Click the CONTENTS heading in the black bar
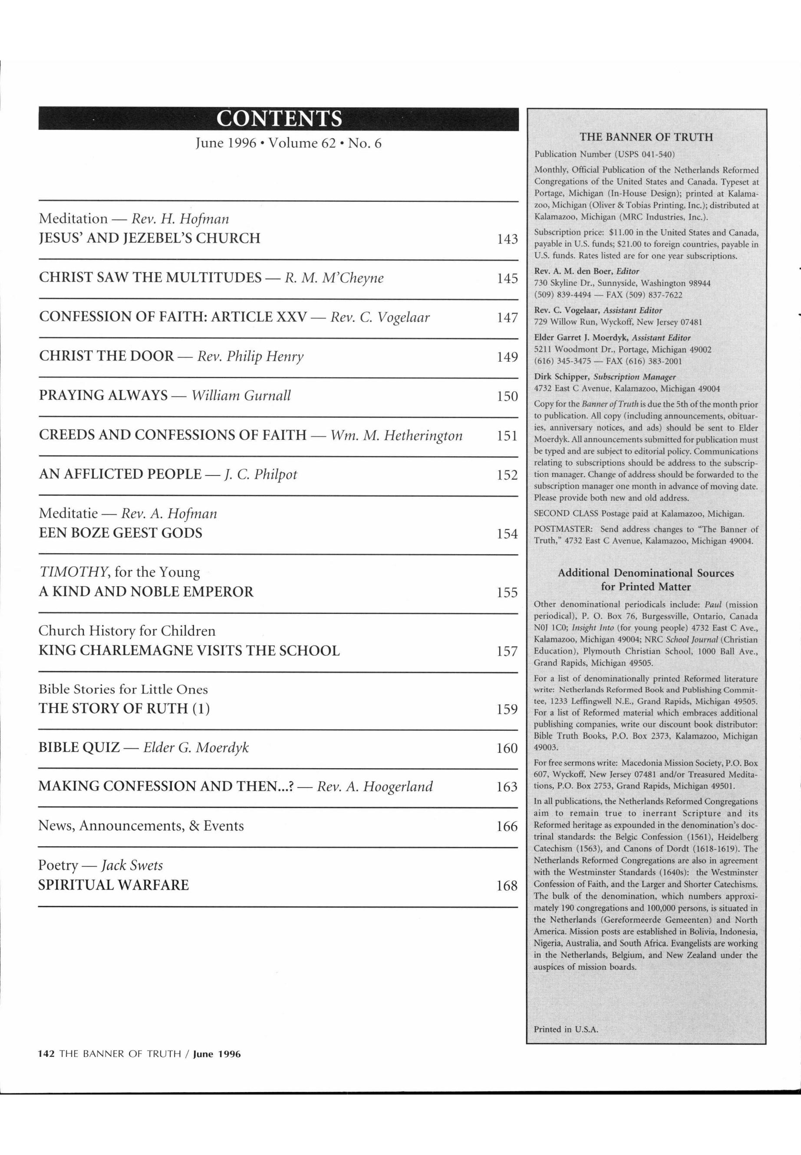279,119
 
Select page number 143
507,239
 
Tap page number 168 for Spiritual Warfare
507,885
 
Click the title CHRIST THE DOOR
106,356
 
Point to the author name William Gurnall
241,396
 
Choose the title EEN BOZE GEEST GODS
120,533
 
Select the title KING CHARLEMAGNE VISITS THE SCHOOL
189,650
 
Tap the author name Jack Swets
132,865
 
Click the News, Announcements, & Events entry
141,826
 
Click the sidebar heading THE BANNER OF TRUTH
646,137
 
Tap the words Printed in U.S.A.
566,1029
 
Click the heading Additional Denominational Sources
646,573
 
